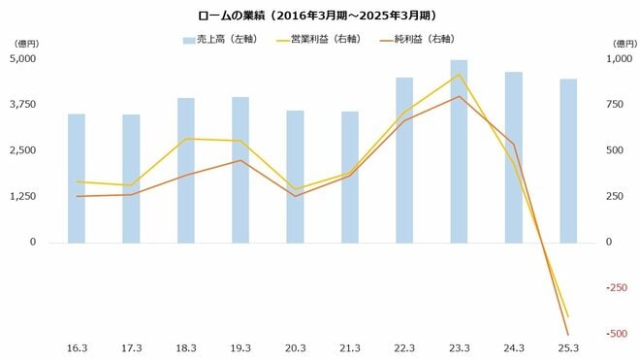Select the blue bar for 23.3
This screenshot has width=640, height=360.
(459, 150)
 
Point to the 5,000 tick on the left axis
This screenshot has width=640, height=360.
(22, 58)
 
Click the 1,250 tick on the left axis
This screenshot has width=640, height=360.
(22, 196)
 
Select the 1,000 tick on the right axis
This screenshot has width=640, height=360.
(616, 58)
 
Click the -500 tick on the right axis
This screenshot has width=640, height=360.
(616, 334)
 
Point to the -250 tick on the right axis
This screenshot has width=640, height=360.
(616, 288)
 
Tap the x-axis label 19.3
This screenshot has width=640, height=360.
(240, 348)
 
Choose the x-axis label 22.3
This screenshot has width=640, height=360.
(404, 348)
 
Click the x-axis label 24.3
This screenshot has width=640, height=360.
(513, 348)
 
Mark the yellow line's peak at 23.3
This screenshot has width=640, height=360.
(459, 75)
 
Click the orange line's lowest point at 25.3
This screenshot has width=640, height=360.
(568, 335)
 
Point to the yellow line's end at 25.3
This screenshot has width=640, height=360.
(568, 316)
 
